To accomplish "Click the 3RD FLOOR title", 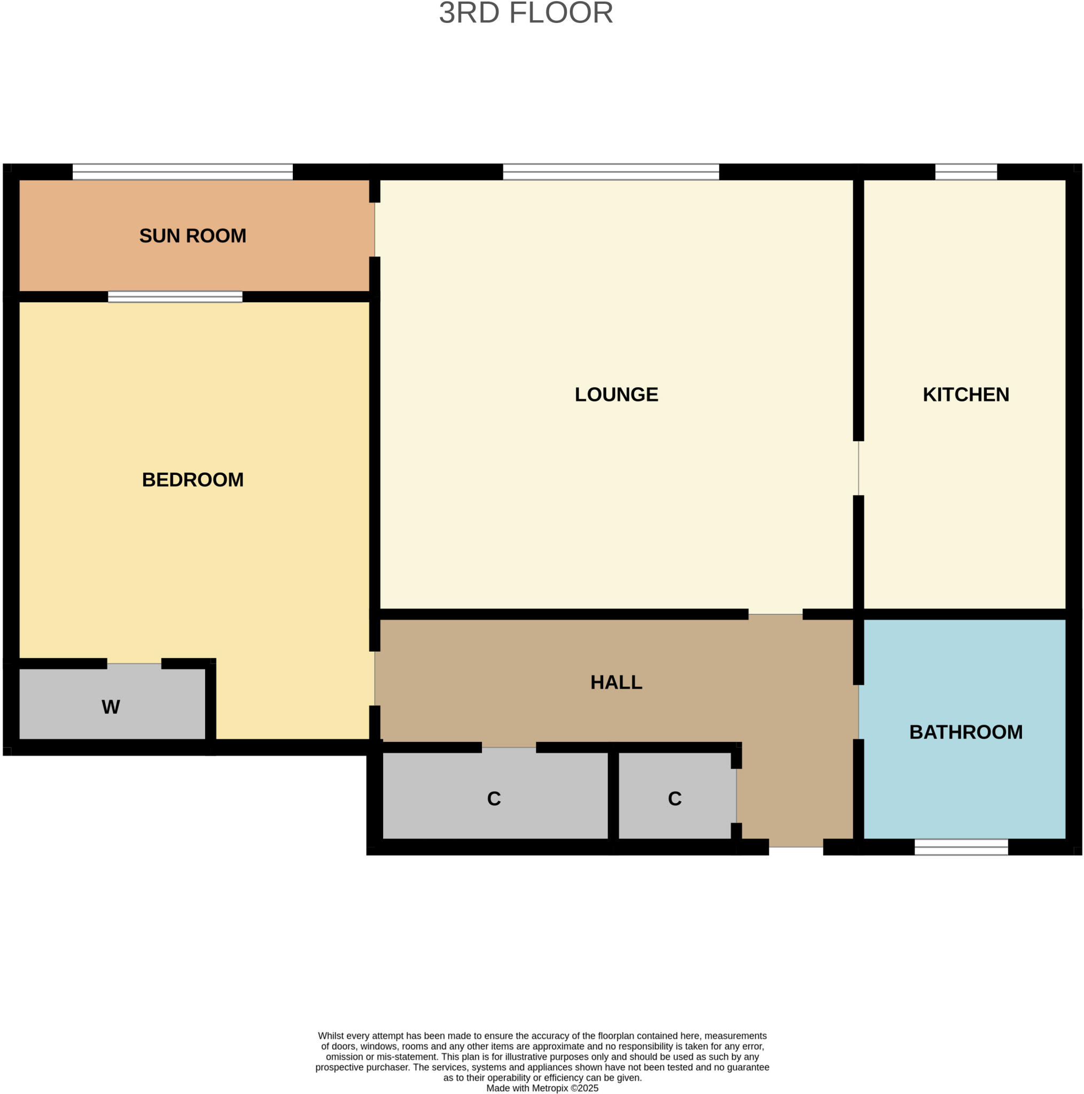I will click(526, 13).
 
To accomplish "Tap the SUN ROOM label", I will click(192, 236).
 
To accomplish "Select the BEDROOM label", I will click(192, 480).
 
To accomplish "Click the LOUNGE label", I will click(616, 394).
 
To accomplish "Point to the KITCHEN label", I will click(965, 394).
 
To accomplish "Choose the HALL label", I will click(616, 682).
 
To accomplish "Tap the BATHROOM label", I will click(965, 732).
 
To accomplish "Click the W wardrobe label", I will click(111, 707).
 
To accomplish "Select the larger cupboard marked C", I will click(494, 799).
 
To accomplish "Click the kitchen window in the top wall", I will click(965, 171).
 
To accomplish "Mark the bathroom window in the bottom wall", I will click(961, 847).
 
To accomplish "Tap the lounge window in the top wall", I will click(611, 171).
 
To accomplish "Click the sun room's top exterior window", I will click(182, 171).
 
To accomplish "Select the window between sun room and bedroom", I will click(175, 296).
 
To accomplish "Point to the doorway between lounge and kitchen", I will click(858, 468).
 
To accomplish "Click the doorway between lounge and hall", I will click(775, 614).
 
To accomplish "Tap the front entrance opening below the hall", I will click(796, 847).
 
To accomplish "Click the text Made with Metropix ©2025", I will click(542, 1088).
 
